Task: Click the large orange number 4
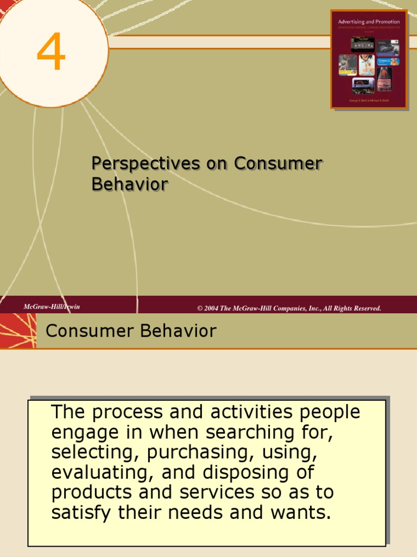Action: coord(51,53)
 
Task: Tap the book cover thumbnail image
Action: coord(369,59)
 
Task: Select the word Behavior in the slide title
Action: coord(130,184)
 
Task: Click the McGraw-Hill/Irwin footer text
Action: coord(52,307)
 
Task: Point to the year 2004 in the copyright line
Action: coord(211,308)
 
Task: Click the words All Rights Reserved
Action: coord(352,308)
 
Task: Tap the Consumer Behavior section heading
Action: coord(131,331)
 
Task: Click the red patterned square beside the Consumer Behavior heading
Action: coord(18,331)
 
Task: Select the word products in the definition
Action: coord(92,492)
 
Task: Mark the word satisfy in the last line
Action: coord(81,512)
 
